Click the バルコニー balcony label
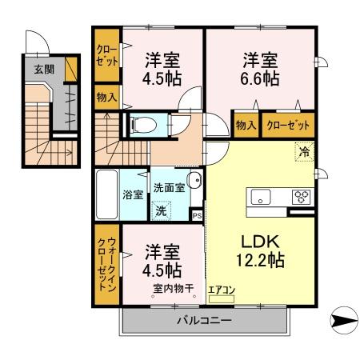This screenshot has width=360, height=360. pos(204,321)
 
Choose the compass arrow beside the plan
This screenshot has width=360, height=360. pos(342,322)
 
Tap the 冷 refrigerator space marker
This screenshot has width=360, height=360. pos(304,150)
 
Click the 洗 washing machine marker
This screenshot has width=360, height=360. pos(162,211)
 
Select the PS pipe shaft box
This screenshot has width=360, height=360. pos(197,215)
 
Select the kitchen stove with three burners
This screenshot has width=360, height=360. pos(302,195)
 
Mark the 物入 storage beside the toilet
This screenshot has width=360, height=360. pos(107,98)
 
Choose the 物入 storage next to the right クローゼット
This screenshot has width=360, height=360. pos(246,125)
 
